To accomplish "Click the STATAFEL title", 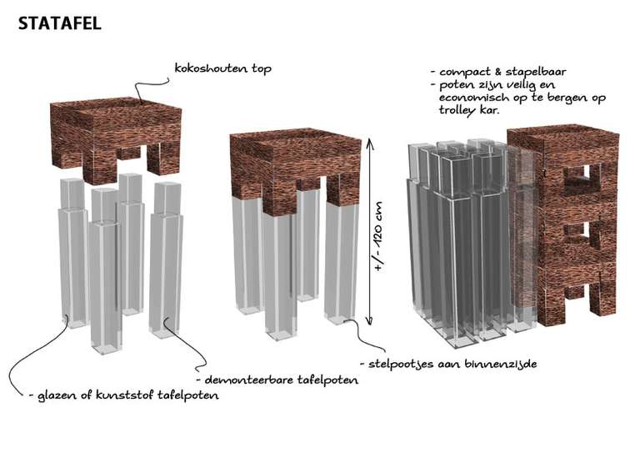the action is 60,23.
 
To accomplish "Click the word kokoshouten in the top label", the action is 211,68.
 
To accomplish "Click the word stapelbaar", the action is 536,73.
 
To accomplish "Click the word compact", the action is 465,73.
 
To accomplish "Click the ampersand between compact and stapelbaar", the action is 498,72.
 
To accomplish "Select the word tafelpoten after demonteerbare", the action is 327,380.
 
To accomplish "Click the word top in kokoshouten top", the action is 261,69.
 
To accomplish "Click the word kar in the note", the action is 491,110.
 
